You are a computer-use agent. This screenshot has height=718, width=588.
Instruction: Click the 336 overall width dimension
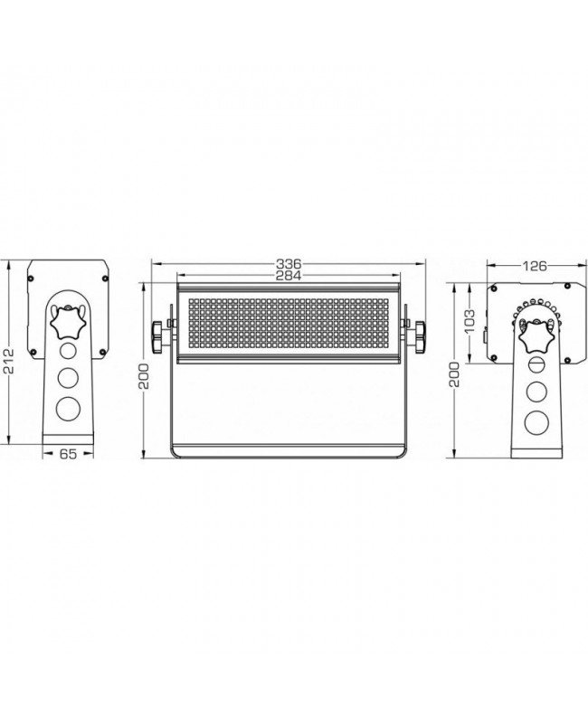coord(289,264)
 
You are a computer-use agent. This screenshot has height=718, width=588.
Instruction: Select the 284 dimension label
coord(289,275)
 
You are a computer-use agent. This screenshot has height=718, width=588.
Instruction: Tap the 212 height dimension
coord(9,361)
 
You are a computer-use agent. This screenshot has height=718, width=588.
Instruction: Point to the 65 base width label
coord(68,454)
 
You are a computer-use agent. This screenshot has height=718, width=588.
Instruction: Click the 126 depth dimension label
coord(536,266)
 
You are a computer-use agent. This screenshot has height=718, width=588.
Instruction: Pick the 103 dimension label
coord(469,322)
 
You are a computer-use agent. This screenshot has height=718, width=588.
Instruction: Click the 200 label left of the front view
coord(145,376)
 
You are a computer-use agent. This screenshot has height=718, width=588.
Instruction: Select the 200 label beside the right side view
coord(454,374)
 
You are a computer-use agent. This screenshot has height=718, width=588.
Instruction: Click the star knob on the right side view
coord(536,336)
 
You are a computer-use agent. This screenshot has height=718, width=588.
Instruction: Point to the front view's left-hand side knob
coord(157,337)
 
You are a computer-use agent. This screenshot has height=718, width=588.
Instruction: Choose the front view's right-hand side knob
coord(420,337)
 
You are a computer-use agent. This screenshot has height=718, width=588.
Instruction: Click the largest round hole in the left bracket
coord(67,409)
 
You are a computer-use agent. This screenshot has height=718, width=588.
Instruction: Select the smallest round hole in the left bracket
coord(68,351)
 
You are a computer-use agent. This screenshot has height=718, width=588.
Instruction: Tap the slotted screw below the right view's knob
coord(536,365)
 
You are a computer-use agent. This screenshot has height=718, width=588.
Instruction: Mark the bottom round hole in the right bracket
coord(536,422)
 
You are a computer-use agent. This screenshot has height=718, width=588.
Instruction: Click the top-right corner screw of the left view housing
coord(105,278)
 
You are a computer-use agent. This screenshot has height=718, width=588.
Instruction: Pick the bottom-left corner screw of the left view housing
coord(33,352)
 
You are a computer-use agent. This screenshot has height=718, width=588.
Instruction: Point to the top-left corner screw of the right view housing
coord(494,288)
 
